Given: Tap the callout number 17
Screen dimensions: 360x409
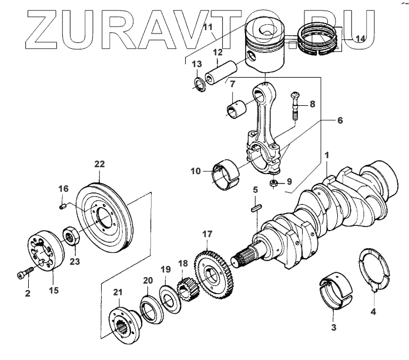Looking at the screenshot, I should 206,234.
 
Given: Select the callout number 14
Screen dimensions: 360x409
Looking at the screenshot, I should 360,38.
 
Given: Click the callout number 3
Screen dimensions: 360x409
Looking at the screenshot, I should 334,326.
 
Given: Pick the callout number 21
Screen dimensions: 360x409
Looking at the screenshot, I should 118,292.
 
